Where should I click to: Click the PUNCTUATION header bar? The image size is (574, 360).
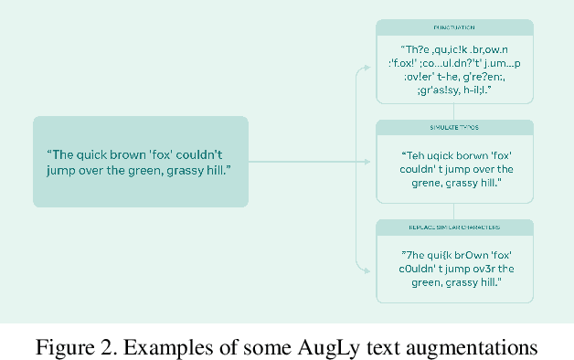point(453,27)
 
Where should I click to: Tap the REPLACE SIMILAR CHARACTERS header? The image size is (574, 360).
point(453,228)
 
